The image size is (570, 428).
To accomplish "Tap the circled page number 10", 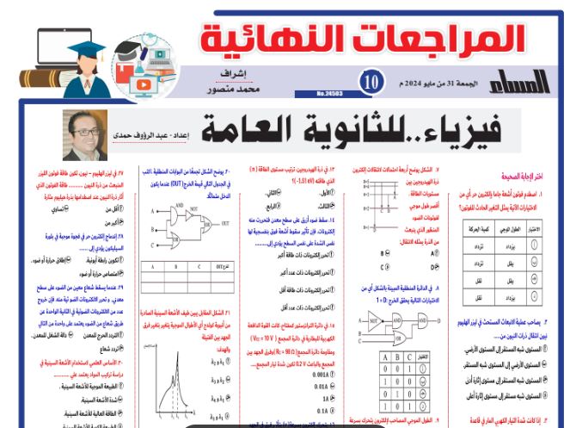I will [371, 83].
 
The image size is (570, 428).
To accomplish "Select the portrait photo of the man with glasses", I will [85, 130].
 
